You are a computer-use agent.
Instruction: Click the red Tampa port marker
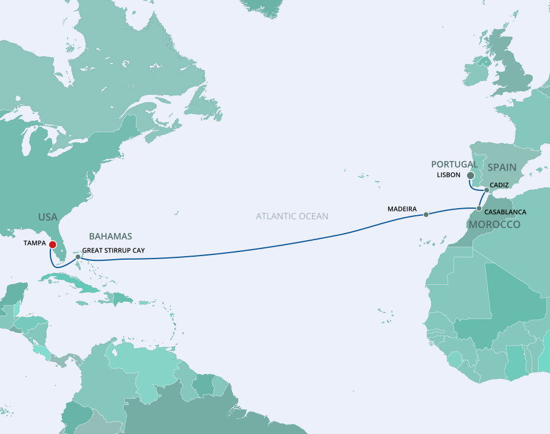(x=53, y=244)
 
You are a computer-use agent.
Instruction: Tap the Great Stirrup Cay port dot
(x=78, y=257)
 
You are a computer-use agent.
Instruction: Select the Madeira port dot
(x=426, y=215)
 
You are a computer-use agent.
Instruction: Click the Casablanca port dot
(x=478, y=209)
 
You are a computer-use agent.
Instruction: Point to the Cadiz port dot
(x=487, y=191)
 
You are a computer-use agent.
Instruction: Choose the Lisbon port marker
(x=470, y=175)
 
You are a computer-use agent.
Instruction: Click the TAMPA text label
(x=34, y=243)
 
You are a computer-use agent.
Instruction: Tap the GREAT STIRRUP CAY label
(x=113, y=251)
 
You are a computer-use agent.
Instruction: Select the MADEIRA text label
(x=402, y=209)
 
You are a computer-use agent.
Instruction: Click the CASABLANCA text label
(x=505, y=212)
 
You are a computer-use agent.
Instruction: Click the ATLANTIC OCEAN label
(x=292, y=216)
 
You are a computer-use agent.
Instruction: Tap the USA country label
(x=48, y=217)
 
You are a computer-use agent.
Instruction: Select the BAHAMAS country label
(x=111, y=236)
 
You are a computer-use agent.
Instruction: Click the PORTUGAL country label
(x=454, y=164)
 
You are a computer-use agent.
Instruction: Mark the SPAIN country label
(x=502, y=167)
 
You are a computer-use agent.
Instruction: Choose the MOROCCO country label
(x=494, y=225)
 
